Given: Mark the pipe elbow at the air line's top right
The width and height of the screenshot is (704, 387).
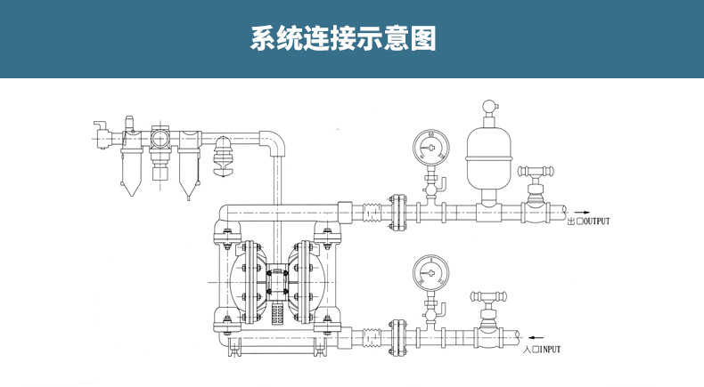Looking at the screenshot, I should (274, 139).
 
